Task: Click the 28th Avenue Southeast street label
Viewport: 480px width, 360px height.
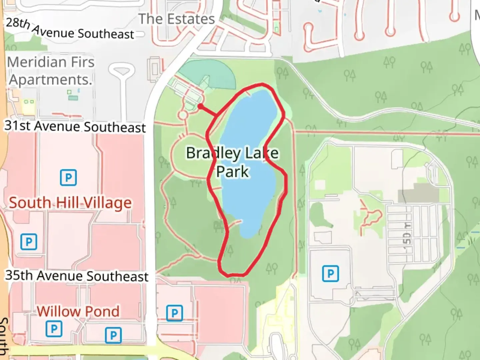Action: click(x=70, y=29)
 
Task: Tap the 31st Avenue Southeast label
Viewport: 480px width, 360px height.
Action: click(x=75, y=127)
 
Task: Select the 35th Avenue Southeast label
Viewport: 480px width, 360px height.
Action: click(x=77, y=276)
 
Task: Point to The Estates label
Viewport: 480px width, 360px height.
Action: click(x=177, y=19)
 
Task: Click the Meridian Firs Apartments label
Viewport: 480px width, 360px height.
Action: click(x=51, y=71)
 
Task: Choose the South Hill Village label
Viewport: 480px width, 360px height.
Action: click(x=70, y=203)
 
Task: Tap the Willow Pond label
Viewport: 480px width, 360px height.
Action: click(x=78, y=311)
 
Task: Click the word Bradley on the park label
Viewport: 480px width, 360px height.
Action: click(x=213, y=153)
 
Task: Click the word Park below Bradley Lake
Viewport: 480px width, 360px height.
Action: click(x=232, y=172)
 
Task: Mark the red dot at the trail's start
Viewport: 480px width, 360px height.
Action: click(x=200, y=106)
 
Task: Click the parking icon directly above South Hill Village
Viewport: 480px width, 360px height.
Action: click(x=68, y=177)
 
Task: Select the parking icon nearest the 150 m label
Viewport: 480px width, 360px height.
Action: click(x=330, y=274)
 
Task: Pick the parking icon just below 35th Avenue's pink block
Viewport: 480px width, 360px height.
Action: click(x=174, y=313)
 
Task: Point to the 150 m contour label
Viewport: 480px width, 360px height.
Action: click(x=407, y=233)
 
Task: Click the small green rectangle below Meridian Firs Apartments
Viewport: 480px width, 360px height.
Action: click(x=73, y=98)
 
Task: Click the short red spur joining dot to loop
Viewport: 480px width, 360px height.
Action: click(x=209, y=111)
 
